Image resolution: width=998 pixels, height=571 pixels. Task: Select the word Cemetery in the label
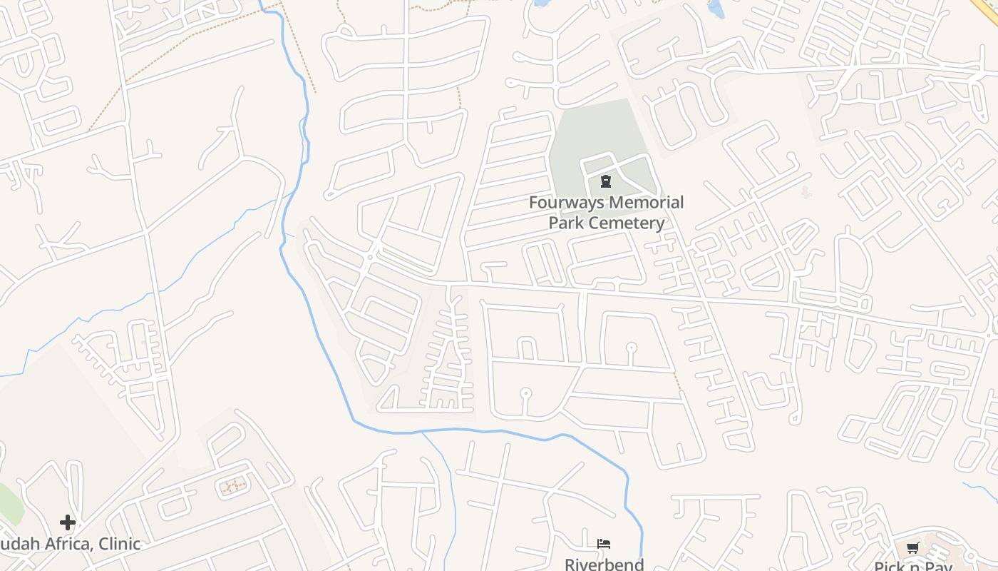(627, 223)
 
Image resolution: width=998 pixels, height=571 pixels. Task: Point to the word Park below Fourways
(567, 223)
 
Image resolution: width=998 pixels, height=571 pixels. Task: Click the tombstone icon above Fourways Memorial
(606, 181)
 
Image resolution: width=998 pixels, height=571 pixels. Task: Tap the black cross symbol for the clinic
(68, 522)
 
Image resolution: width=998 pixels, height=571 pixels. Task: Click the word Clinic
(119, 544)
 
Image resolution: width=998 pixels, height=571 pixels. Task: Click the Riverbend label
(604, 564)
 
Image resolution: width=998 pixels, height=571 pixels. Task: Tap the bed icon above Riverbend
(604, 544)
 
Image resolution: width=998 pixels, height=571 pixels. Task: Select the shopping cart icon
(912, 548)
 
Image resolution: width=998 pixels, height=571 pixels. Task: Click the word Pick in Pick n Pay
(889, 567)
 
